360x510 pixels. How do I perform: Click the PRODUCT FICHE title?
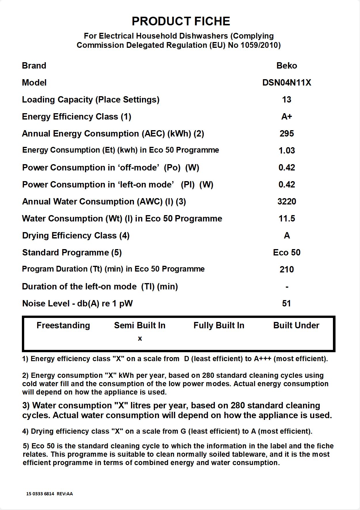181,21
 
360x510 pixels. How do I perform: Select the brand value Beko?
287,66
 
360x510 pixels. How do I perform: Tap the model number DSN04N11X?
287,83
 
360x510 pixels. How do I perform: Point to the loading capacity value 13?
287,100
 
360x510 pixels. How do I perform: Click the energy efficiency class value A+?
287,117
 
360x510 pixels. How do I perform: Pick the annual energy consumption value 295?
287,134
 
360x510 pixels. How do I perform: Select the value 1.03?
287,151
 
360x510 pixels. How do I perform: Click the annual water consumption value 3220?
287,202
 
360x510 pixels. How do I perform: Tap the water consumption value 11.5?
287,219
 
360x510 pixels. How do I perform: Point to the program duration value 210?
287,270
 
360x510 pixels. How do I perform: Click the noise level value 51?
286,304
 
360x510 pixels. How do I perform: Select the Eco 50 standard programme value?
287,253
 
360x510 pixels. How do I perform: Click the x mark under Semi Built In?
140,339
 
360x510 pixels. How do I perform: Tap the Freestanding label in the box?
63,325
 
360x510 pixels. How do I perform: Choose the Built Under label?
296,325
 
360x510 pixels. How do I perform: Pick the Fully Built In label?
219,325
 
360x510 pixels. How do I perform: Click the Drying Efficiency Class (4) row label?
76,236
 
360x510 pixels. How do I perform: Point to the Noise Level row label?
77,304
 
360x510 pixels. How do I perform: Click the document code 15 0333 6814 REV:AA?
50,494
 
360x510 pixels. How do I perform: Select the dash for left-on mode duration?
287,287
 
